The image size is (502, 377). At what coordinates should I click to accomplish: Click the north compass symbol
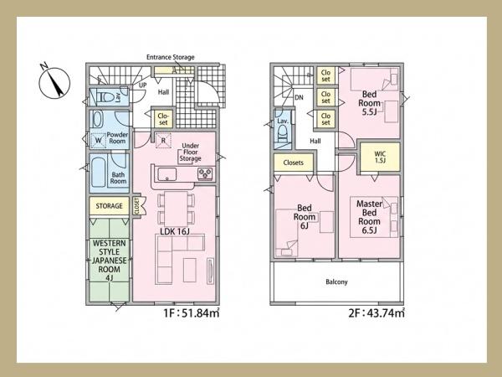click(x=54, y=82)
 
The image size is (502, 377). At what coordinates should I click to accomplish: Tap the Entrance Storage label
click(x=171, y=57)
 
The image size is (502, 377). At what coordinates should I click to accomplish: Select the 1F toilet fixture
click(x=104, y=96)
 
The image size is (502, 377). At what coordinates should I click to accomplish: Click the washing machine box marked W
click(x=98, y=141)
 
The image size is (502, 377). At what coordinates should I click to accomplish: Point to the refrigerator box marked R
click(x=163, y=141)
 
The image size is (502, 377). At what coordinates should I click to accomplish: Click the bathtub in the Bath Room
click(x=98, y=172)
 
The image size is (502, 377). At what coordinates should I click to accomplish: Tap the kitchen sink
click(x=166, y=174)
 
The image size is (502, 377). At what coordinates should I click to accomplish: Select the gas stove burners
click(x=205, y=173)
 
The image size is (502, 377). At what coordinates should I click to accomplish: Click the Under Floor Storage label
click(x=190, y=152)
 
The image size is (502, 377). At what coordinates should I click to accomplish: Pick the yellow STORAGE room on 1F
click(x=109, y=206)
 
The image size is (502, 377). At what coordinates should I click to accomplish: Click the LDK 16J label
click(x=175, y=231)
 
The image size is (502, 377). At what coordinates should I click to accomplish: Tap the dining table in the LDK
click(x=176, y=209)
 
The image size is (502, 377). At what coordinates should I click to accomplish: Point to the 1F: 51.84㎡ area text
click(x=192, y=312)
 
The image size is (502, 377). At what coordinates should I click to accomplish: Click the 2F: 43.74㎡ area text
click(x=376, y=312)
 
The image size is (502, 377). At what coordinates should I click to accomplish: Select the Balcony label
click(x=336, y=281)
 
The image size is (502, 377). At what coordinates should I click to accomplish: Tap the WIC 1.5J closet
click(x=380, y=158)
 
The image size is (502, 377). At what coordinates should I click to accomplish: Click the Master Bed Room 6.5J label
click(x=369, y=217)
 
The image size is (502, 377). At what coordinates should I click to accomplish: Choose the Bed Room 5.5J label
click(x=369, y=103)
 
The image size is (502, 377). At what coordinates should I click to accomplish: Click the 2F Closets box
click(x=294, y=163)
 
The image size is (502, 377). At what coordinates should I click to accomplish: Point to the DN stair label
click(x=299, y=97)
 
